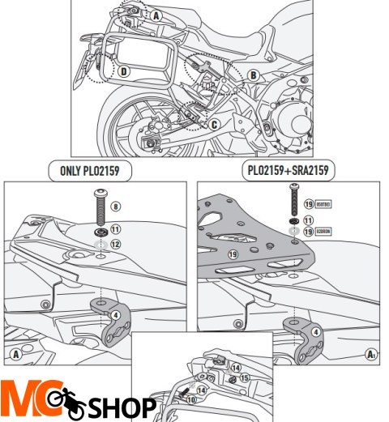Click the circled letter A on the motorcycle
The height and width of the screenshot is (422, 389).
(x=155, y=15)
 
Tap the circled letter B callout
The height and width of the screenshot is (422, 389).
(x=253, y=75)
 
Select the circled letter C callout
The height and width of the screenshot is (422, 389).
(x=214, y=124)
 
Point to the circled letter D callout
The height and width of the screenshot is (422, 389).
(x=123, y=71)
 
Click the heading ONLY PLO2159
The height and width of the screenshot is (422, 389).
(x=92, y=171)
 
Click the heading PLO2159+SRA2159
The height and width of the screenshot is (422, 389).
(x=289, y=171)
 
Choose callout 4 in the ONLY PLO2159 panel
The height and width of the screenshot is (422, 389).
(x=116, y=314)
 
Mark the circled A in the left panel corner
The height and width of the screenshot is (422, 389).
(x=15, y=354)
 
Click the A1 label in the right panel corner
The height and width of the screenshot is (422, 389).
(x=371, y=354)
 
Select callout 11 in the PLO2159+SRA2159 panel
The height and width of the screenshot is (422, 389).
(x=309, y=220)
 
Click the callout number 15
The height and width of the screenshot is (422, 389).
(x=245, y=379)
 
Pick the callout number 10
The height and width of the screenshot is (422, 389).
(x=191, y=399)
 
